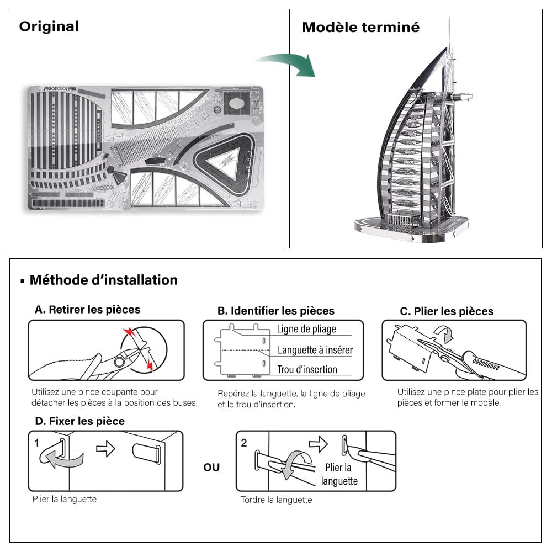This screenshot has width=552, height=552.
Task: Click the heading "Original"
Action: (49, 26)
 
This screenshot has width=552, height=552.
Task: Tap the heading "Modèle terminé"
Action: (360, 27)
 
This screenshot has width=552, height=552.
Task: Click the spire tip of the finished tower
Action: (449, 19)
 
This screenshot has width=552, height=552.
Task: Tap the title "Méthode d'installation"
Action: (103, 280)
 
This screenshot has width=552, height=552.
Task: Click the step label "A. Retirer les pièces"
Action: (87, 309)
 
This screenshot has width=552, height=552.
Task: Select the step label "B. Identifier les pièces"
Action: (275, 311)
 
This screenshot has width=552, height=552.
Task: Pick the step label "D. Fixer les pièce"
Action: (79, 421)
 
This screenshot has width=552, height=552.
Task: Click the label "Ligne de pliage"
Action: (306, 329)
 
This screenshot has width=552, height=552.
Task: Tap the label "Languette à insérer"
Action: (315, 350)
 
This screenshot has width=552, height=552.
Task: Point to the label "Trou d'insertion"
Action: (307, 369)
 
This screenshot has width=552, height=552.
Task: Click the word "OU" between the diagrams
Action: (211, 468)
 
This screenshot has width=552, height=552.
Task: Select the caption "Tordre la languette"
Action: (276, 500)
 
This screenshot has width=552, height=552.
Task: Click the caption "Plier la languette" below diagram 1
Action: (64, 499)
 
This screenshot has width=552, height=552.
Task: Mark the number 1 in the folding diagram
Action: (36, 443)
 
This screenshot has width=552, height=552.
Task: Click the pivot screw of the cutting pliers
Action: (119, 362)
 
